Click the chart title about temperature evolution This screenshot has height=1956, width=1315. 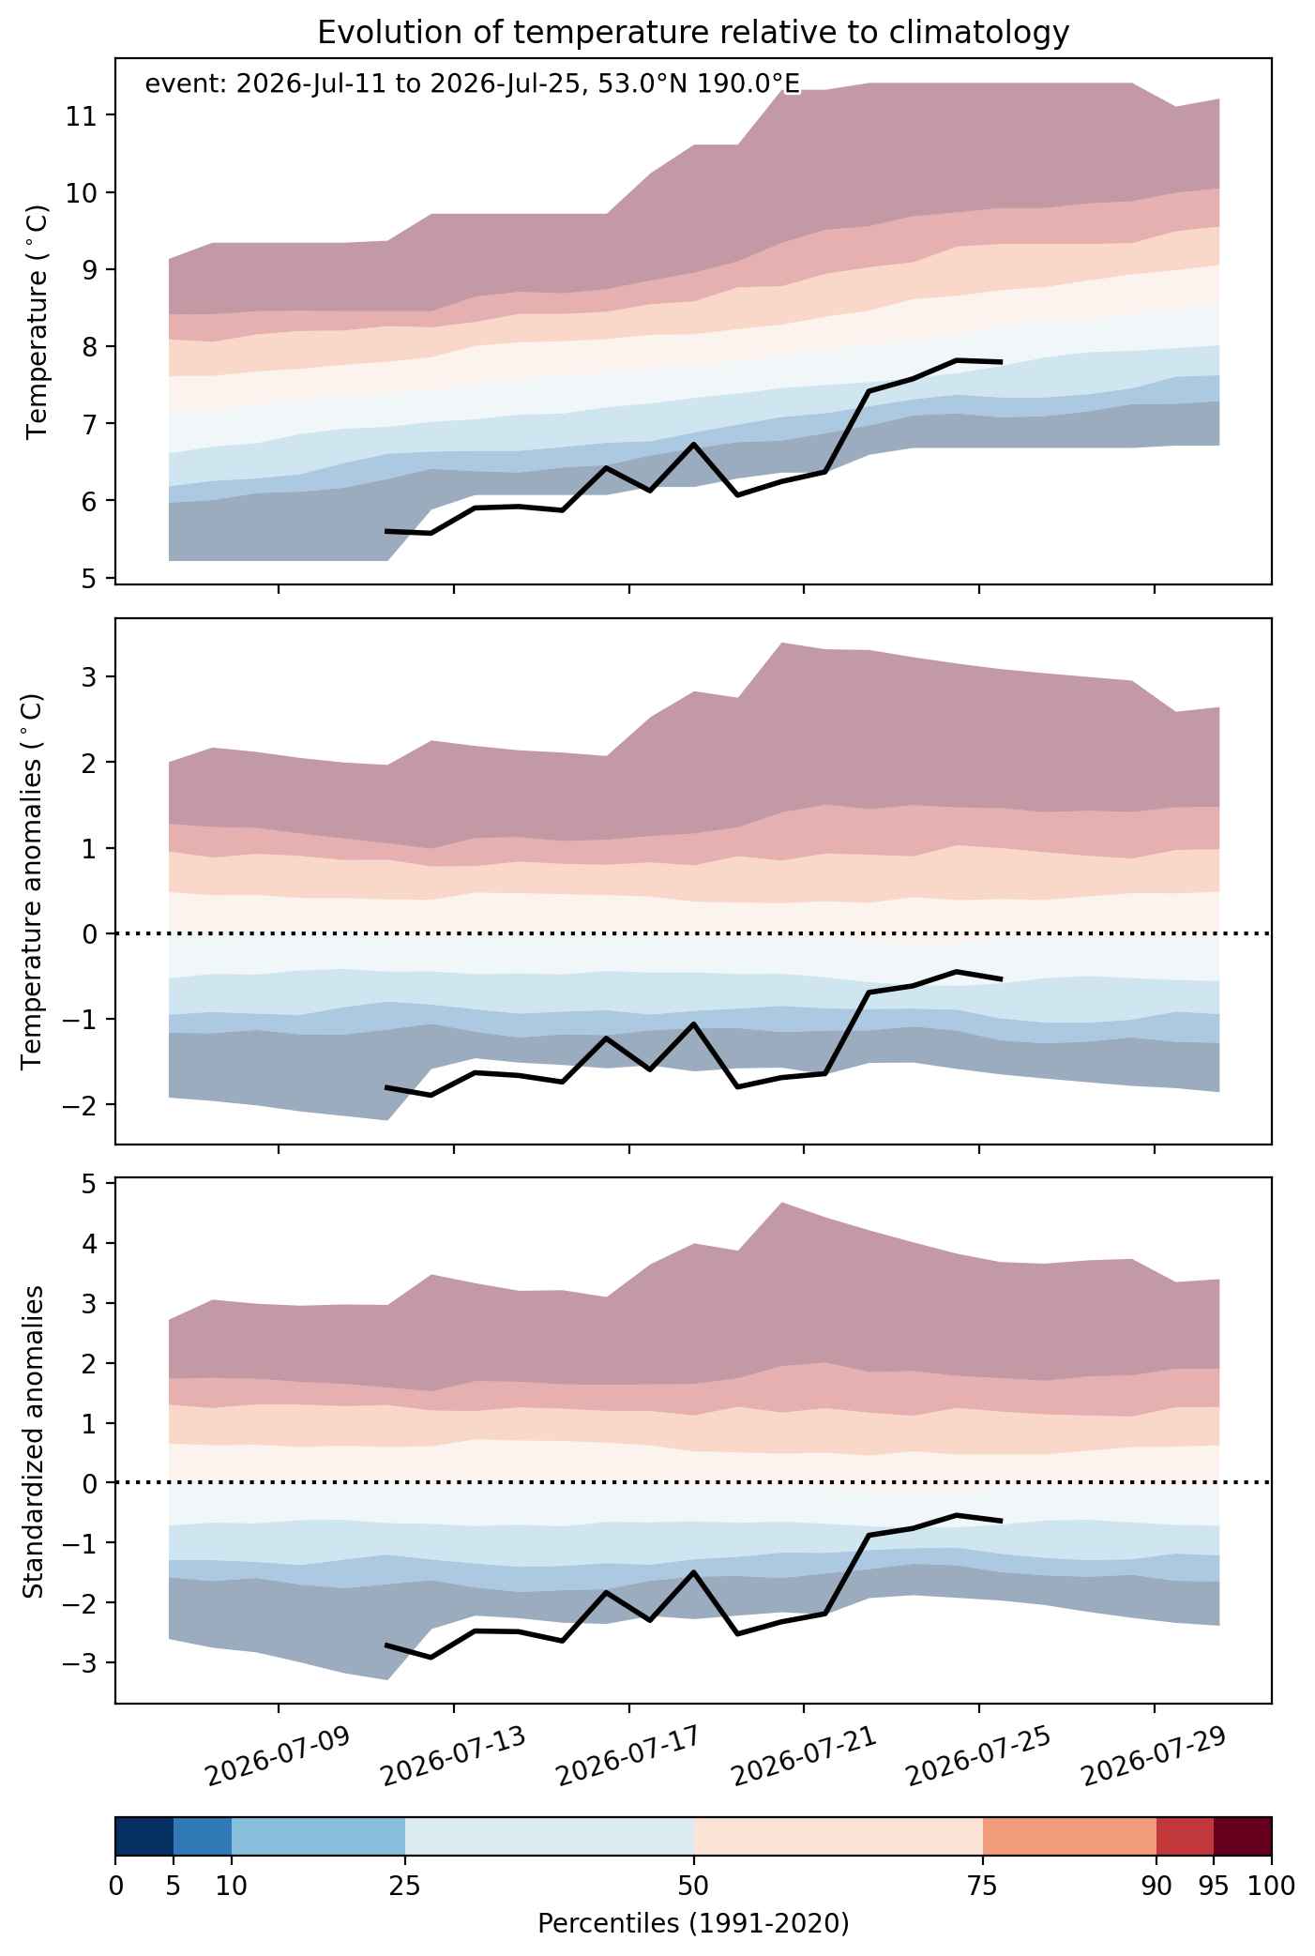pyautogui.click(x=693, y=33)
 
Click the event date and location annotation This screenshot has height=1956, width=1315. pyautogui.click(x=473, y=84)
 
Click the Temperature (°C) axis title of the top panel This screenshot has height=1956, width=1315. pyautogui.click(x=38, y=322)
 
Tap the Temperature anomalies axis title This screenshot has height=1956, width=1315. pyautogui.click(x=33, y=881)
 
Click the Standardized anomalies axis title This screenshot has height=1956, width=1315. pyautogui.click(x=33, y=1442)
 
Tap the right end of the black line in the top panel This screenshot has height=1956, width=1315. pyautogui.click(x=1002, y=361)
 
